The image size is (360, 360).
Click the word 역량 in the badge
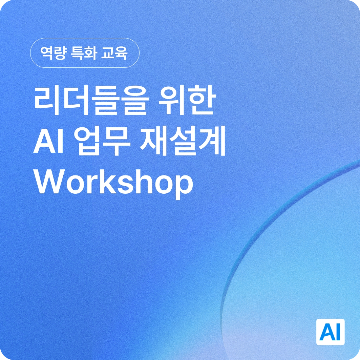pyautogui.click(x=53, y=53)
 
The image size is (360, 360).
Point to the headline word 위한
pyautogui.click(x=187, y=101)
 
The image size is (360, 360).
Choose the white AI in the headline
pyautogui.click(x=48, y=143)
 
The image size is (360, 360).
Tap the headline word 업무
pyautogui.click(x=102, y=143)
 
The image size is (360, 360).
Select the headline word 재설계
pyautogui.click(x=183, y=143)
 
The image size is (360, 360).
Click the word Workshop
pyautogui.click(x=113, y=183)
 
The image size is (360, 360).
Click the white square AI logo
pyautogui.click(x=331, y=332)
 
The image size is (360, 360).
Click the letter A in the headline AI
pyautogui.click(x=45, y=143)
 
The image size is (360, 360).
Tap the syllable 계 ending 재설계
pyautogui.click(x=212, y=143)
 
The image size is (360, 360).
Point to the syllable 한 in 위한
pyautogui.click(x=201, y=101)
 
